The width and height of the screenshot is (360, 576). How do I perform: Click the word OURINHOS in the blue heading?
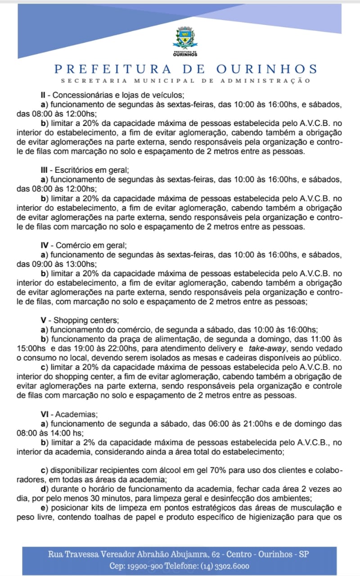(x=267, y=69)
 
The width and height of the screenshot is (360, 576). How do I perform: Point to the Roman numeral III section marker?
(x=45, y=170)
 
